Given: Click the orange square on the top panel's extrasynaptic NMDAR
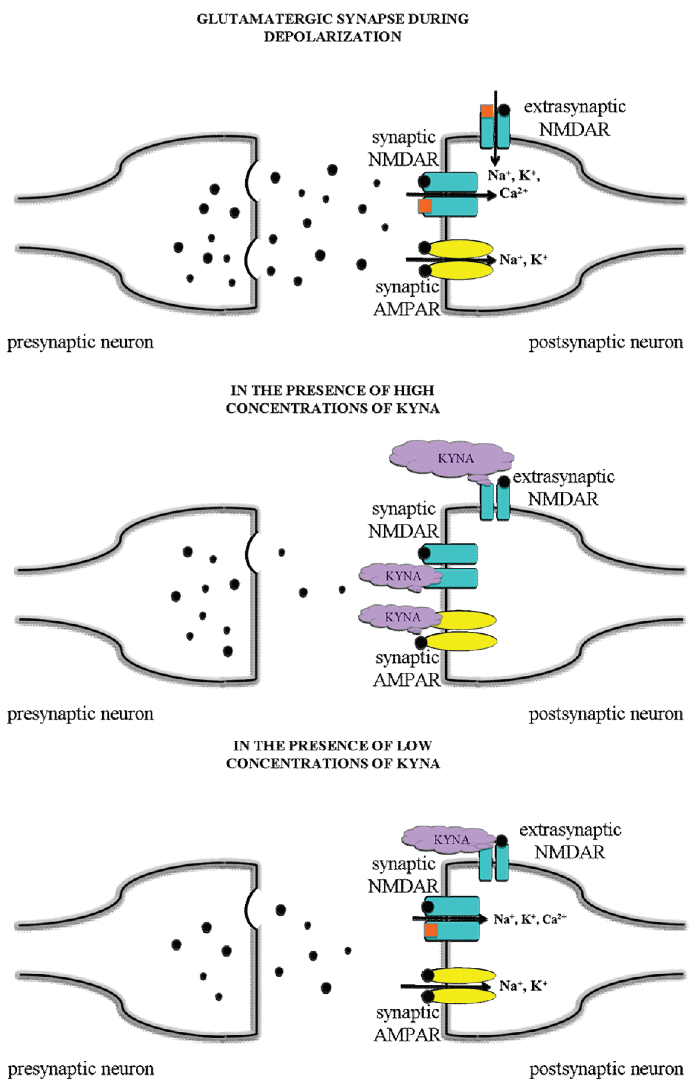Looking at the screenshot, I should tap(486, 111).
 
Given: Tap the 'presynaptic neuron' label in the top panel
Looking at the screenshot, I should tap(80, 342).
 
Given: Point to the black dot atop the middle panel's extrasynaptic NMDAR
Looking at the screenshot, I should tap(504, 481).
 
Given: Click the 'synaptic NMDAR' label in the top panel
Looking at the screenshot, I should tap(403, 149).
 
